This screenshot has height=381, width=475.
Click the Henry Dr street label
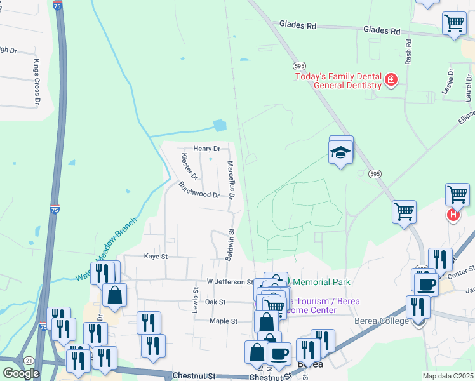(x=206, y=149)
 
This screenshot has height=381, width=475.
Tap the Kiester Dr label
(x=190, y=166)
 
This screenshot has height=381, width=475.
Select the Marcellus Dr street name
(x=232, y=181)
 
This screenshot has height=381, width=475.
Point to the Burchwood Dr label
(x=199, y=190)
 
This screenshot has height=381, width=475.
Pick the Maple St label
(x=224, y=321)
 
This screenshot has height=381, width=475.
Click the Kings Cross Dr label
(x=37, y=83)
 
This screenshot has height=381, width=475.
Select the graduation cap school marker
(x=341, y=152)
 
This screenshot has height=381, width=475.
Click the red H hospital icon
(x=453, y=215)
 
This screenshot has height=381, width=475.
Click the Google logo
(x=22, y=373)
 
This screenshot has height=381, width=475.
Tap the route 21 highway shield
(x=29, y=360)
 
